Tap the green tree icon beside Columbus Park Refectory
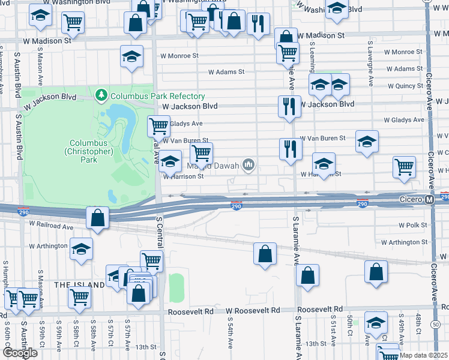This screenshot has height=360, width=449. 101,95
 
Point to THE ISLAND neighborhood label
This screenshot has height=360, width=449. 80,284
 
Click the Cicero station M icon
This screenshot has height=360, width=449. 429,199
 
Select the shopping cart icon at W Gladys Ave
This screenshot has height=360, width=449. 159,126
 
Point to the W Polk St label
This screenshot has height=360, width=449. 413,226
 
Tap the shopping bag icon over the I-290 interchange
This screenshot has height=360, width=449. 97,218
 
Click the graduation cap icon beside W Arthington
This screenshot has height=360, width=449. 81,250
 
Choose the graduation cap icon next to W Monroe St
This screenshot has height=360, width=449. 131,57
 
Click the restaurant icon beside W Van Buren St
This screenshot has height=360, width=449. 291,149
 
